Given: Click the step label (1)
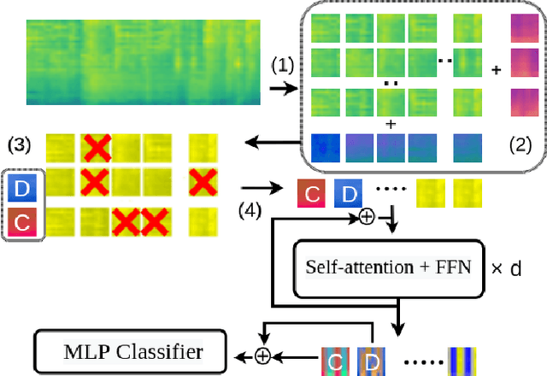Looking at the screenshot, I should click(x=282, y=65).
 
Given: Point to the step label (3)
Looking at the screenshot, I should click(x=20, y=144).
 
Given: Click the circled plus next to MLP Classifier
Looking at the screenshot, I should click(x=263, y=353).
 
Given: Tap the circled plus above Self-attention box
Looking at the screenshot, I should click(x=367, y=218).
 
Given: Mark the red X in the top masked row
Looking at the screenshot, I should click(x=97, y=147).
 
